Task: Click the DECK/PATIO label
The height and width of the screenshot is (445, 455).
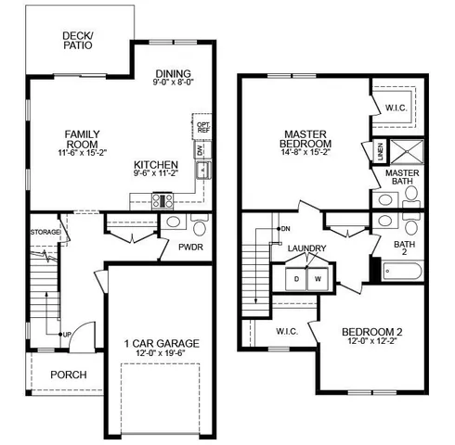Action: (77, 40)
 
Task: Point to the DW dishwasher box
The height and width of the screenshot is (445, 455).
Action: (199, 149)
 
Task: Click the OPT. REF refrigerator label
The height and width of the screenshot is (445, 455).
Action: (203, 125)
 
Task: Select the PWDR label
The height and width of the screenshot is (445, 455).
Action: (191, 247)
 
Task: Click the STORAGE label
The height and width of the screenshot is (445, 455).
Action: (45, 232)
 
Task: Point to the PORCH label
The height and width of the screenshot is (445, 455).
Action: (69, 375)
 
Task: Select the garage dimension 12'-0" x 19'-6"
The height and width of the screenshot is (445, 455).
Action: (162, 354)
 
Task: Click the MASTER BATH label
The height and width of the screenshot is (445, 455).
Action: (403, 178)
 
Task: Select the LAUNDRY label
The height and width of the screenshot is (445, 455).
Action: (306, 248)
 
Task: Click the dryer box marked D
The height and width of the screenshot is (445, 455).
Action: (296, 278)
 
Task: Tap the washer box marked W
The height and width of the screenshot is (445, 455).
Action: (317, 278)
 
